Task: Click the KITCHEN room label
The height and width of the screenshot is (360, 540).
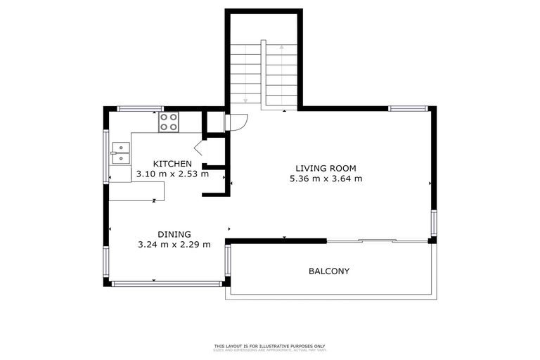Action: point(172,164)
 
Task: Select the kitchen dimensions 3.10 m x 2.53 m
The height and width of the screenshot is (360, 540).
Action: point(172,174)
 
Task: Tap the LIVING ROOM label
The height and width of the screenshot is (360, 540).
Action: point(326,168)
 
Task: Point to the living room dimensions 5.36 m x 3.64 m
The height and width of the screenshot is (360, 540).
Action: point(326,179)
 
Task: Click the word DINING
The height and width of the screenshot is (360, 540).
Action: point(174,234)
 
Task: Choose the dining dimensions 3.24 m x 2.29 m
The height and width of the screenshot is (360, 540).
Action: point(174,245)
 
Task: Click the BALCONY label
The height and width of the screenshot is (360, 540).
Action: point(329,271)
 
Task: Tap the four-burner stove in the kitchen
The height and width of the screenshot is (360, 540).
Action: point(168,122)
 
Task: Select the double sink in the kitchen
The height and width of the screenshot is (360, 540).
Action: point(121,148)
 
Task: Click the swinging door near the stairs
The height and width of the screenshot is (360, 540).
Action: point(237,122)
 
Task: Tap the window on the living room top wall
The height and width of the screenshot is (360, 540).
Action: point(407,108)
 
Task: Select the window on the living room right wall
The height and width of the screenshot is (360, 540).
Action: point(434,223)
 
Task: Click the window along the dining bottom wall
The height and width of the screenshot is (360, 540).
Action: point(166,283)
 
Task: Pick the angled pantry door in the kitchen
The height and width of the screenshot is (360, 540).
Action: point(198,148)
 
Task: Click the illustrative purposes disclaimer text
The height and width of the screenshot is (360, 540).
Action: point(270,346)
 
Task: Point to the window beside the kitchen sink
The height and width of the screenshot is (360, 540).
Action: point(107,156)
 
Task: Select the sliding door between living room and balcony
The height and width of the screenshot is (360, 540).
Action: point(378,241)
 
